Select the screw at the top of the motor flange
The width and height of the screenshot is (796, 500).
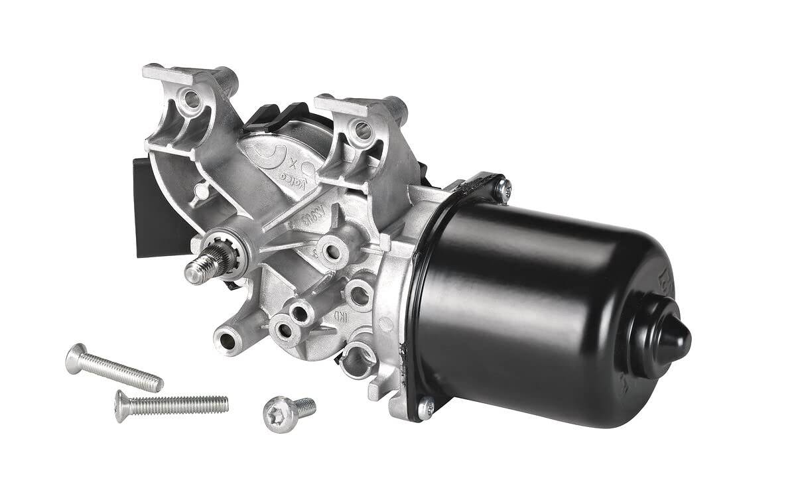point(501,186)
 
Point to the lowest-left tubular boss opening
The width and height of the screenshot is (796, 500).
point(228,341)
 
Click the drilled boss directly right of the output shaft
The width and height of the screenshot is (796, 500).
point(329,251)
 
